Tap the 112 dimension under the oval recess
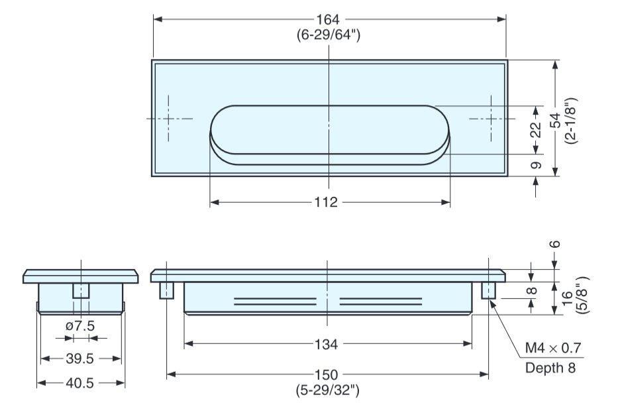point(329,202)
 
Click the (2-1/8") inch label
point(572,121)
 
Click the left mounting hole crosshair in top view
point(170,119)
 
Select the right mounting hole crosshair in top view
point(491,119)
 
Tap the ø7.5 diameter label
point(81,325)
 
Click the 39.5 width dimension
point(81,359)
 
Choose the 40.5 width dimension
point(81,382)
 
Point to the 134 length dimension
point(329,344)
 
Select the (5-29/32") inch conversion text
point(329,390)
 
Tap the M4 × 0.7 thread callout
point(554,349)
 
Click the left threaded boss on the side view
point(167,290)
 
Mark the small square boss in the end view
point(81,290)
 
